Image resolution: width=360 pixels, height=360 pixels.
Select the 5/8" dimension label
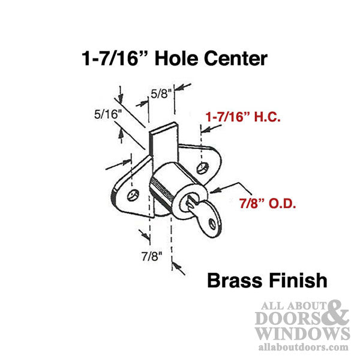tap(159, 94)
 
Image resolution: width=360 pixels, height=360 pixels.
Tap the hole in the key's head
tap(213, 226)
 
